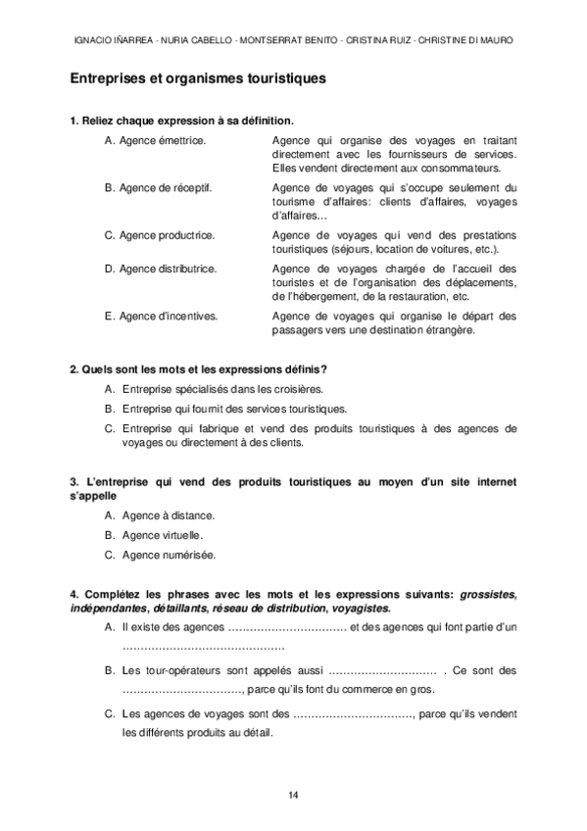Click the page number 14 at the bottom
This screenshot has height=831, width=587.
[x=293, y=793]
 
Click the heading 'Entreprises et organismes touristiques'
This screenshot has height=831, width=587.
[x=198, y=76]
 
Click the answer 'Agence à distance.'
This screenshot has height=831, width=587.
[x=169, y=514]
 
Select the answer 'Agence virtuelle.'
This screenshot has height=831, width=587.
[x=163, y=535]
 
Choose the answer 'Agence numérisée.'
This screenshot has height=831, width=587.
[x=169, y=555]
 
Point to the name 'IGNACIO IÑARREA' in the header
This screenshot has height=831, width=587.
[x=111, y=40]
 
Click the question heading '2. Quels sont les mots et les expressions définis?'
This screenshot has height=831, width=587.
[x=199, y=368]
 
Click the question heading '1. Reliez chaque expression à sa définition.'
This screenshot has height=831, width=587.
[x=181, y=121]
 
